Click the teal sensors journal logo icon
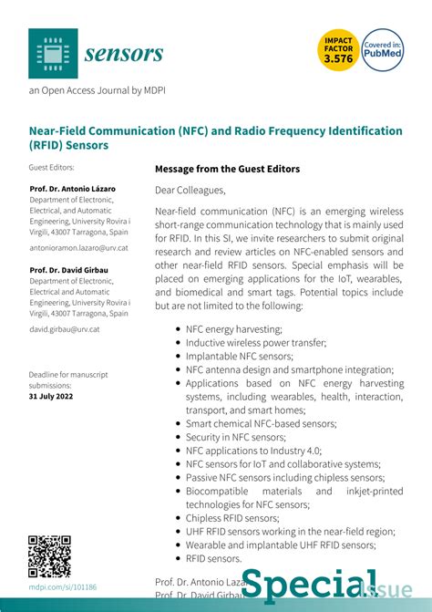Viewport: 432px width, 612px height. pos(53,52)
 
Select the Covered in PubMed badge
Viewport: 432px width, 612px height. pos(383,51)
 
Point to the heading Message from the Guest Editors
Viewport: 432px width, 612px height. pos(227,169)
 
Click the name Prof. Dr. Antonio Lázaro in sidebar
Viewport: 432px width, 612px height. pos(72,189)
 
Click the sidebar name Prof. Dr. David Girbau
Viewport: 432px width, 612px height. pos(70,271)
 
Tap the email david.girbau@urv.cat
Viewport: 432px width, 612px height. pos(64,329)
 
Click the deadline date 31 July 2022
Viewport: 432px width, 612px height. pos(51,397)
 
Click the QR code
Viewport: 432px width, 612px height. pos(49,556)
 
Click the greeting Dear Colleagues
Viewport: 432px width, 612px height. pos(190,191)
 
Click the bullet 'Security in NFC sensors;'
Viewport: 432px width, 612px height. pos(235,437)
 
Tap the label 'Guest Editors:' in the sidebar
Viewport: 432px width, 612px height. pos(51,168)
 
